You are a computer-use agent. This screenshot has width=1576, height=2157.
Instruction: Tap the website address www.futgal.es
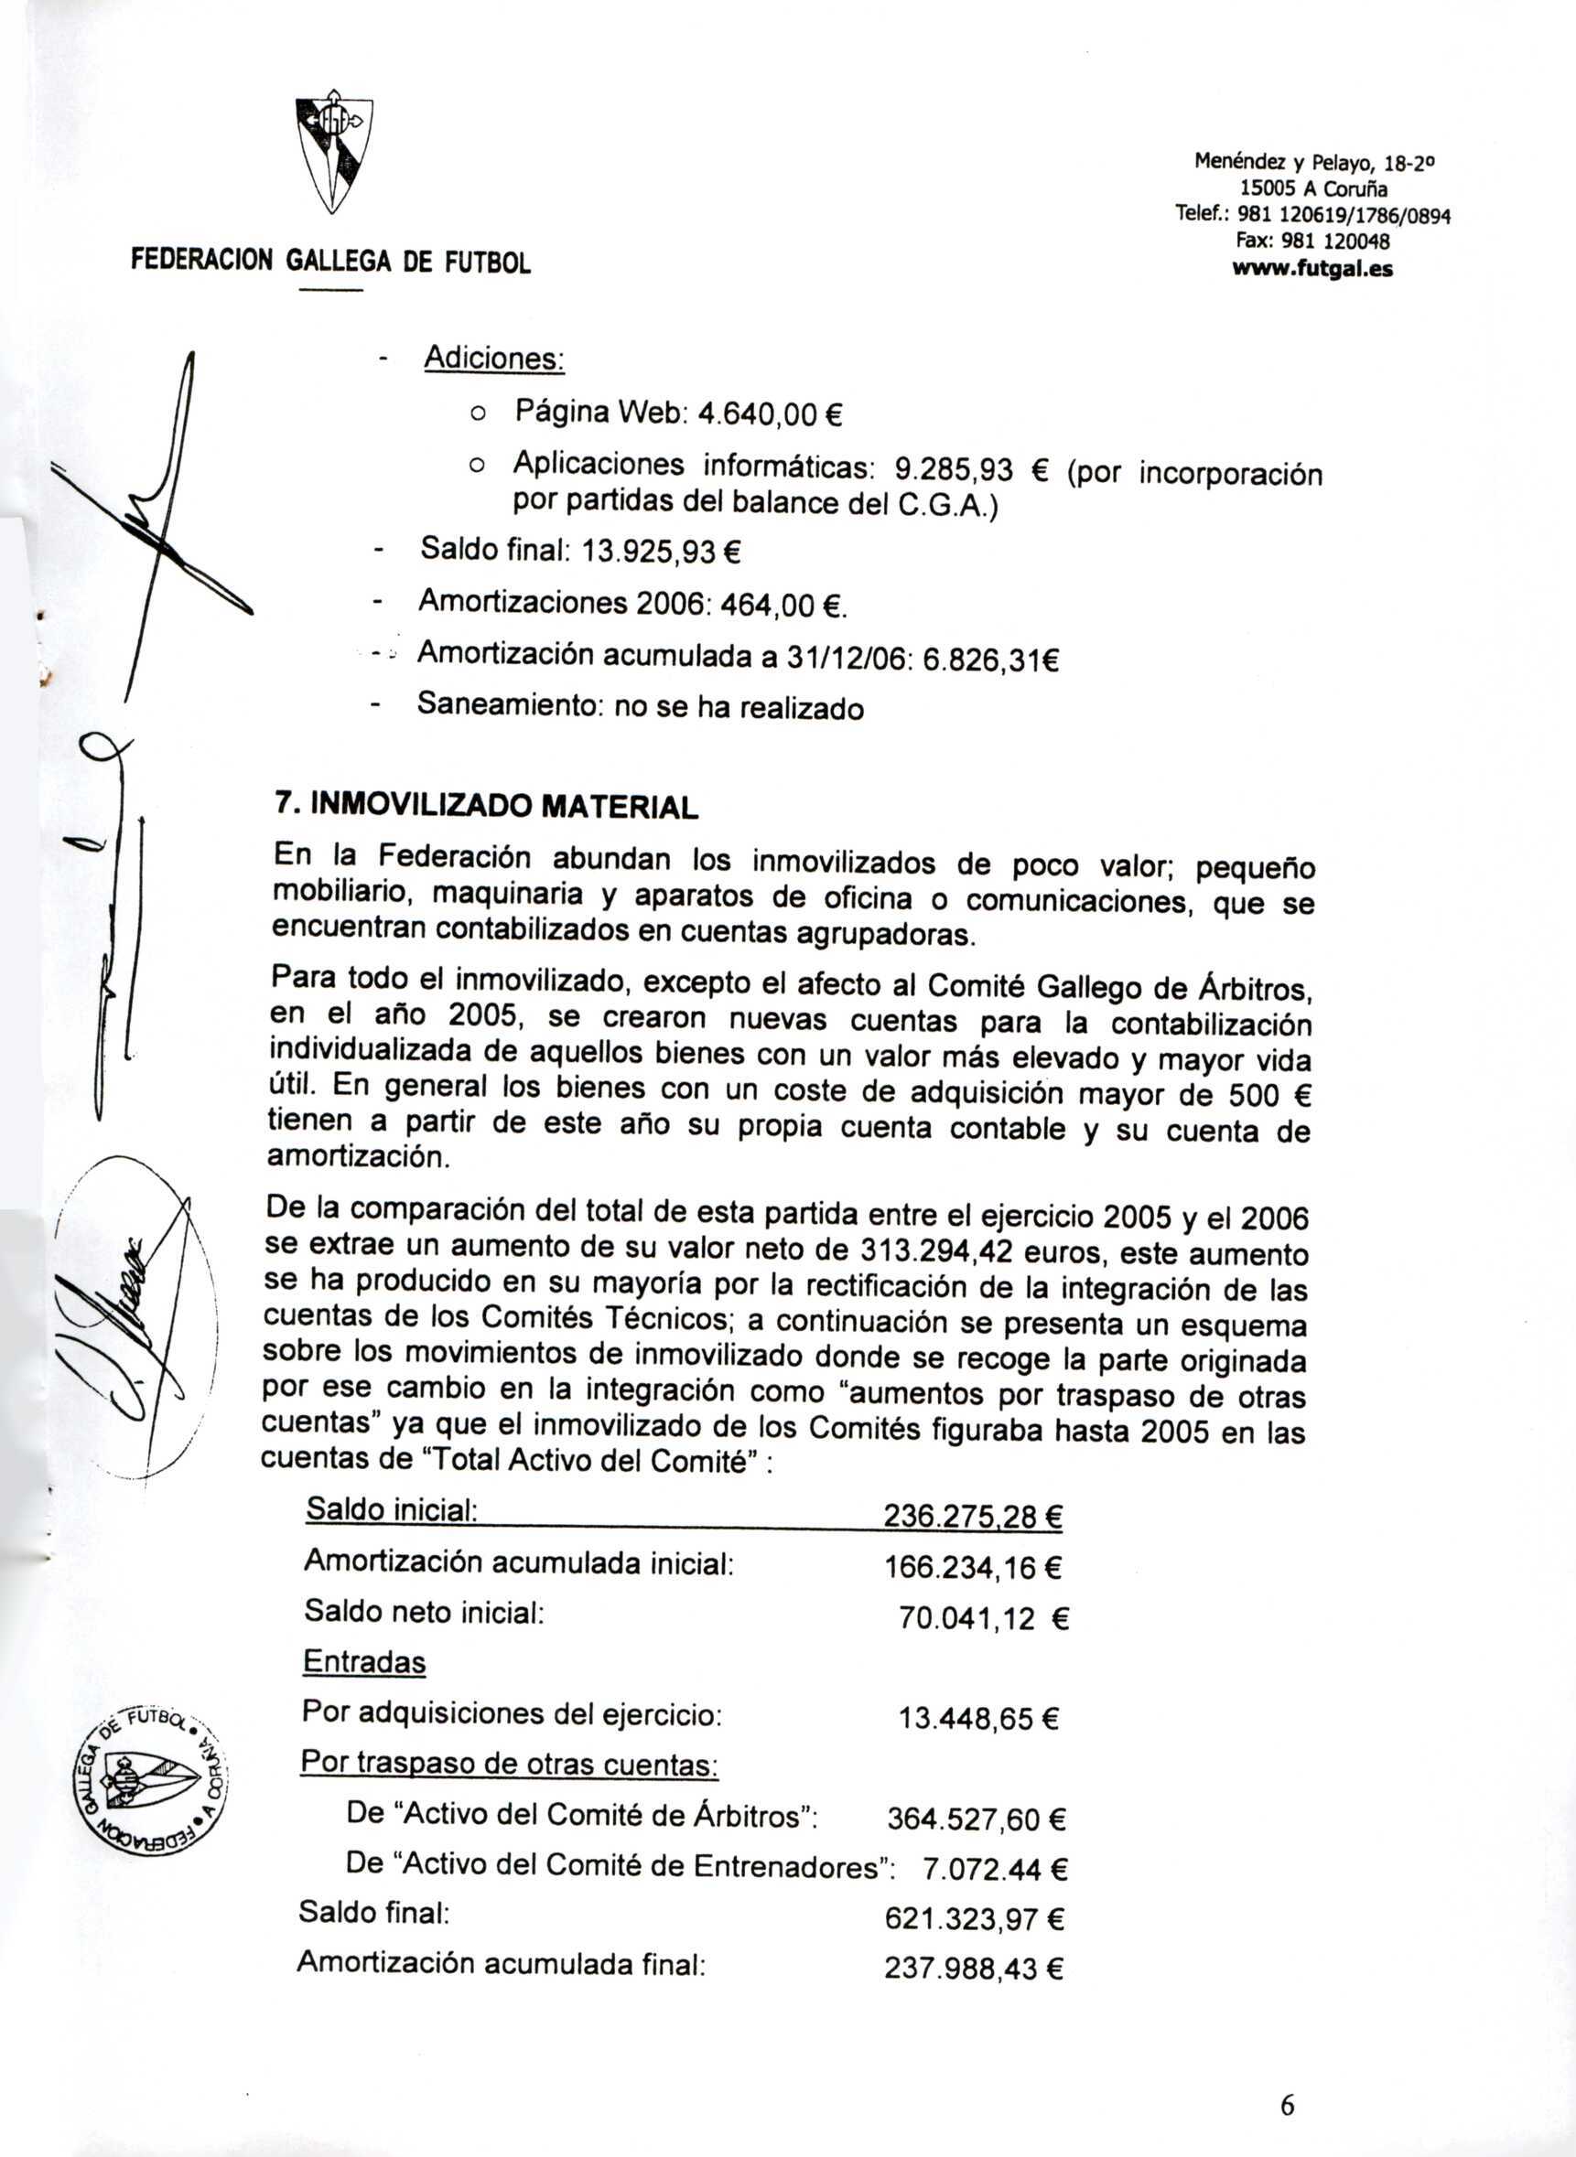coord(1312,270)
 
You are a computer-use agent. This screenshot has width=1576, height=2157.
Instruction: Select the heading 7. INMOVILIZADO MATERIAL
coord(486,806)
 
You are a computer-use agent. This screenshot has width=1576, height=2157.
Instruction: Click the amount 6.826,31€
coord(993,657)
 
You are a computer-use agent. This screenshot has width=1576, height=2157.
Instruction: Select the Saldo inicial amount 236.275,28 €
coord(973,1515)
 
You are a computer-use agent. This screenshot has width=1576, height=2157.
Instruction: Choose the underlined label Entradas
coord(363,1663)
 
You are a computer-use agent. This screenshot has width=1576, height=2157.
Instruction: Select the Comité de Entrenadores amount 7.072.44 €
coord(995,1870)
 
